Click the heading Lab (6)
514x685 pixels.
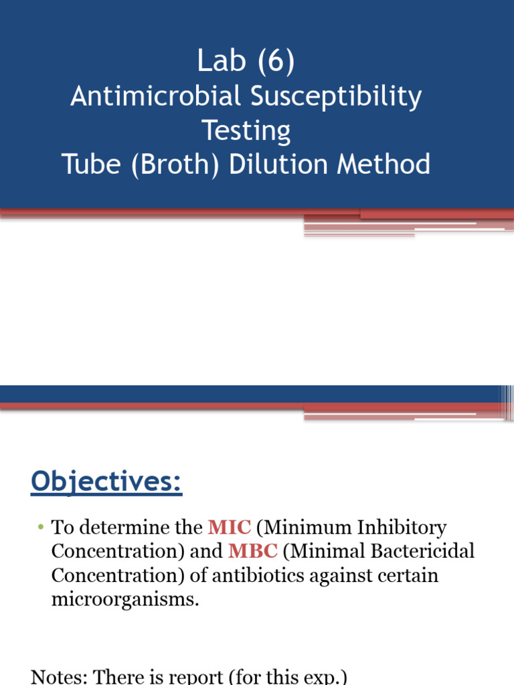(x=246, y=62)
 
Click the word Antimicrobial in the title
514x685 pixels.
(x=155, y=96)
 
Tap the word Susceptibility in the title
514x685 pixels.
(x=336, y=98)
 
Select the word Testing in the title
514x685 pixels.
(x=246, y=131)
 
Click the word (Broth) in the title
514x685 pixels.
(x=177, y=165)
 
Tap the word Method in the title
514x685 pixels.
(x=383, y=164)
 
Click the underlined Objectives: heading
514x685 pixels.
(x=106, y=482)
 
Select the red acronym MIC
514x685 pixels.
(x=230, y=527)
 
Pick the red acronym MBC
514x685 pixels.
(x=253, y=551)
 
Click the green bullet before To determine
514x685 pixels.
(x=40, y=527)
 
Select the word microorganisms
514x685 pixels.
(x=125, y=599)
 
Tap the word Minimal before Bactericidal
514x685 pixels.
(x=323, y=551)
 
